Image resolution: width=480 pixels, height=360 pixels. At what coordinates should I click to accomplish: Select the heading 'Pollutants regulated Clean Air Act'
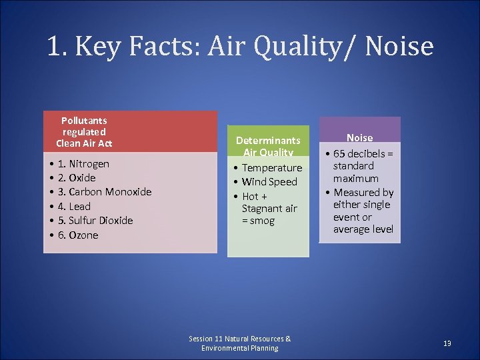pyautogui.click(x=84, y=132)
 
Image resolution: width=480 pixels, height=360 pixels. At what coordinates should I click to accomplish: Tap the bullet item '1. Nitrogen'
pyautogui.click(x=83, y=163)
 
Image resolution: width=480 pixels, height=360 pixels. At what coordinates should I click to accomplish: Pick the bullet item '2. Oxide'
pyautogui.click(x=77, y=178)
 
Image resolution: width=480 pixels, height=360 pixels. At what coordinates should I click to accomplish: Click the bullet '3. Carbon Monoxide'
pyautogui.click(x=105, y=192)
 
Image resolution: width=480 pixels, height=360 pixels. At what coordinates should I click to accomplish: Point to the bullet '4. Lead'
pyautogui.click(x=74, y=207)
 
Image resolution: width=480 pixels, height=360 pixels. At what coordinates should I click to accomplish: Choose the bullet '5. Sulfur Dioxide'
pyautogui.click(x=95, y=221)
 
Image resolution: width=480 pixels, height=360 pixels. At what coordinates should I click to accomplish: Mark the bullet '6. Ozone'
pyautogui.click(x=78, y=235)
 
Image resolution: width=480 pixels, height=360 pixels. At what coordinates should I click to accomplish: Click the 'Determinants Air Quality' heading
pyautogui.click(x=268, y=147)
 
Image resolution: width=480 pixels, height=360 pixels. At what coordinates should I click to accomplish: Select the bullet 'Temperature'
pyautogui.click(x=272, y=168)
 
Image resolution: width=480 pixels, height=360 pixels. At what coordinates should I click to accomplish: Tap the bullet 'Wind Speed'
pyautogui.click(x=269, y=182)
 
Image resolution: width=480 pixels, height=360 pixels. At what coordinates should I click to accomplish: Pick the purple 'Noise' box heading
pyautogui.click(x=359, y=138)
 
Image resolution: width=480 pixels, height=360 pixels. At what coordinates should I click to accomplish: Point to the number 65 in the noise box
pyautogui.click(x=339, y=154)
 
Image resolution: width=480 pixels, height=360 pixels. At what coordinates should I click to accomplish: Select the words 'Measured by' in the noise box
pyautogui.click(x=363, y=193)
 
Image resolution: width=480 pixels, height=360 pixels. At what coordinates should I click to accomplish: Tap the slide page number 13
pyautogui.click(x=447, y=343)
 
